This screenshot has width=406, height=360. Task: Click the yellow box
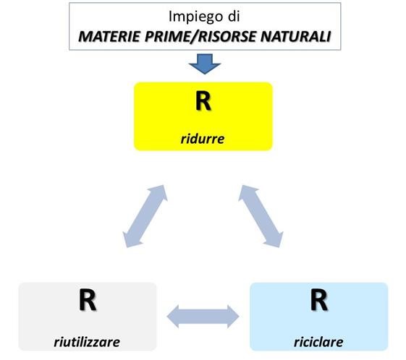pyautogui.click(x=203, y=116)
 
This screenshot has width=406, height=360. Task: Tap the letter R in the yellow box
pyautogui.click(x=203, y=101)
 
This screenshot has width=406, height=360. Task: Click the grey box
pyautogui.click(x=87, y=316)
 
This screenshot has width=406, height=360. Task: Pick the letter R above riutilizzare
pyautogui.click(x=87, y=301)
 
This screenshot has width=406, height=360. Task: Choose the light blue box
pyautogui.click(x=318, y=316)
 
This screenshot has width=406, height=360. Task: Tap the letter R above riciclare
pyautogui.click(x=318, y=301)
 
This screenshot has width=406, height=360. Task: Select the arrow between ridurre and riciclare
pyautogui.click(x=261, y=215)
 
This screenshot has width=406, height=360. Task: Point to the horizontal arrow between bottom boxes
pyautogui.click(x=203, y=315)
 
